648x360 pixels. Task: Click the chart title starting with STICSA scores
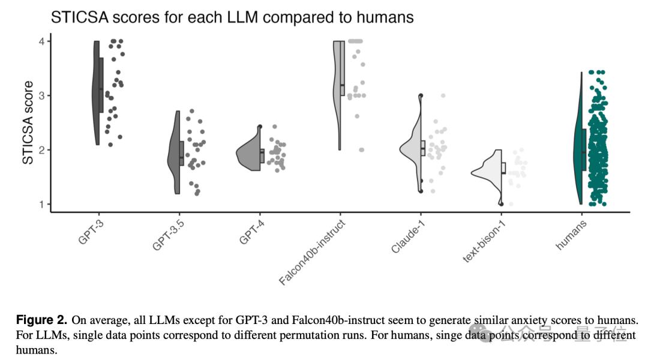point(232,17)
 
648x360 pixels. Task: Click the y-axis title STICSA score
point(28,123)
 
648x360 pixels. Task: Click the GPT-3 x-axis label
point(90,231)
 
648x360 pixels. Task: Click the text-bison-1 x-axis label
point(482,241)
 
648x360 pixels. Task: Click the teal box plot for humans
point(584,149)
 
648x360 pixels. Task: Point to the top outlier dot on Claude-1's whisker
point(421,95)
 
